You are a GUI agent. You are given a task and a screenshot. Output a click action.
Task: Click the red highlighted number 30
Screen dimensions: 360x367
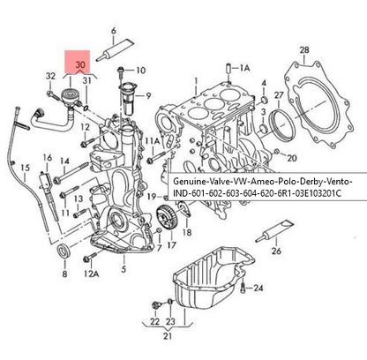coord(81,65)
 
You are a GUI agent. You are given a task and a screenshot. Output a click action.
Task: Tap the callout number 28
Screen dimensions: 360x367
coord(304,49)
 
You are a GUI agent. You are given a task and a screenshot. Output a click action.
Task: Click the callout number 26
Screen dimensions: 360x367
coord(276,251)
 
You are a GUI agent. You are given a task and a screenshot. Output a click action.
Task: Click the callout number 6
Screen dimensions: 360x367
coord(112,31)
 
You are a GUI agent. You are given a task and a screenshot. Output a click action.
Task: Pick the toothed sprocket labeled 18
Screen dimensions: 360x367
coord(166,216)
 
